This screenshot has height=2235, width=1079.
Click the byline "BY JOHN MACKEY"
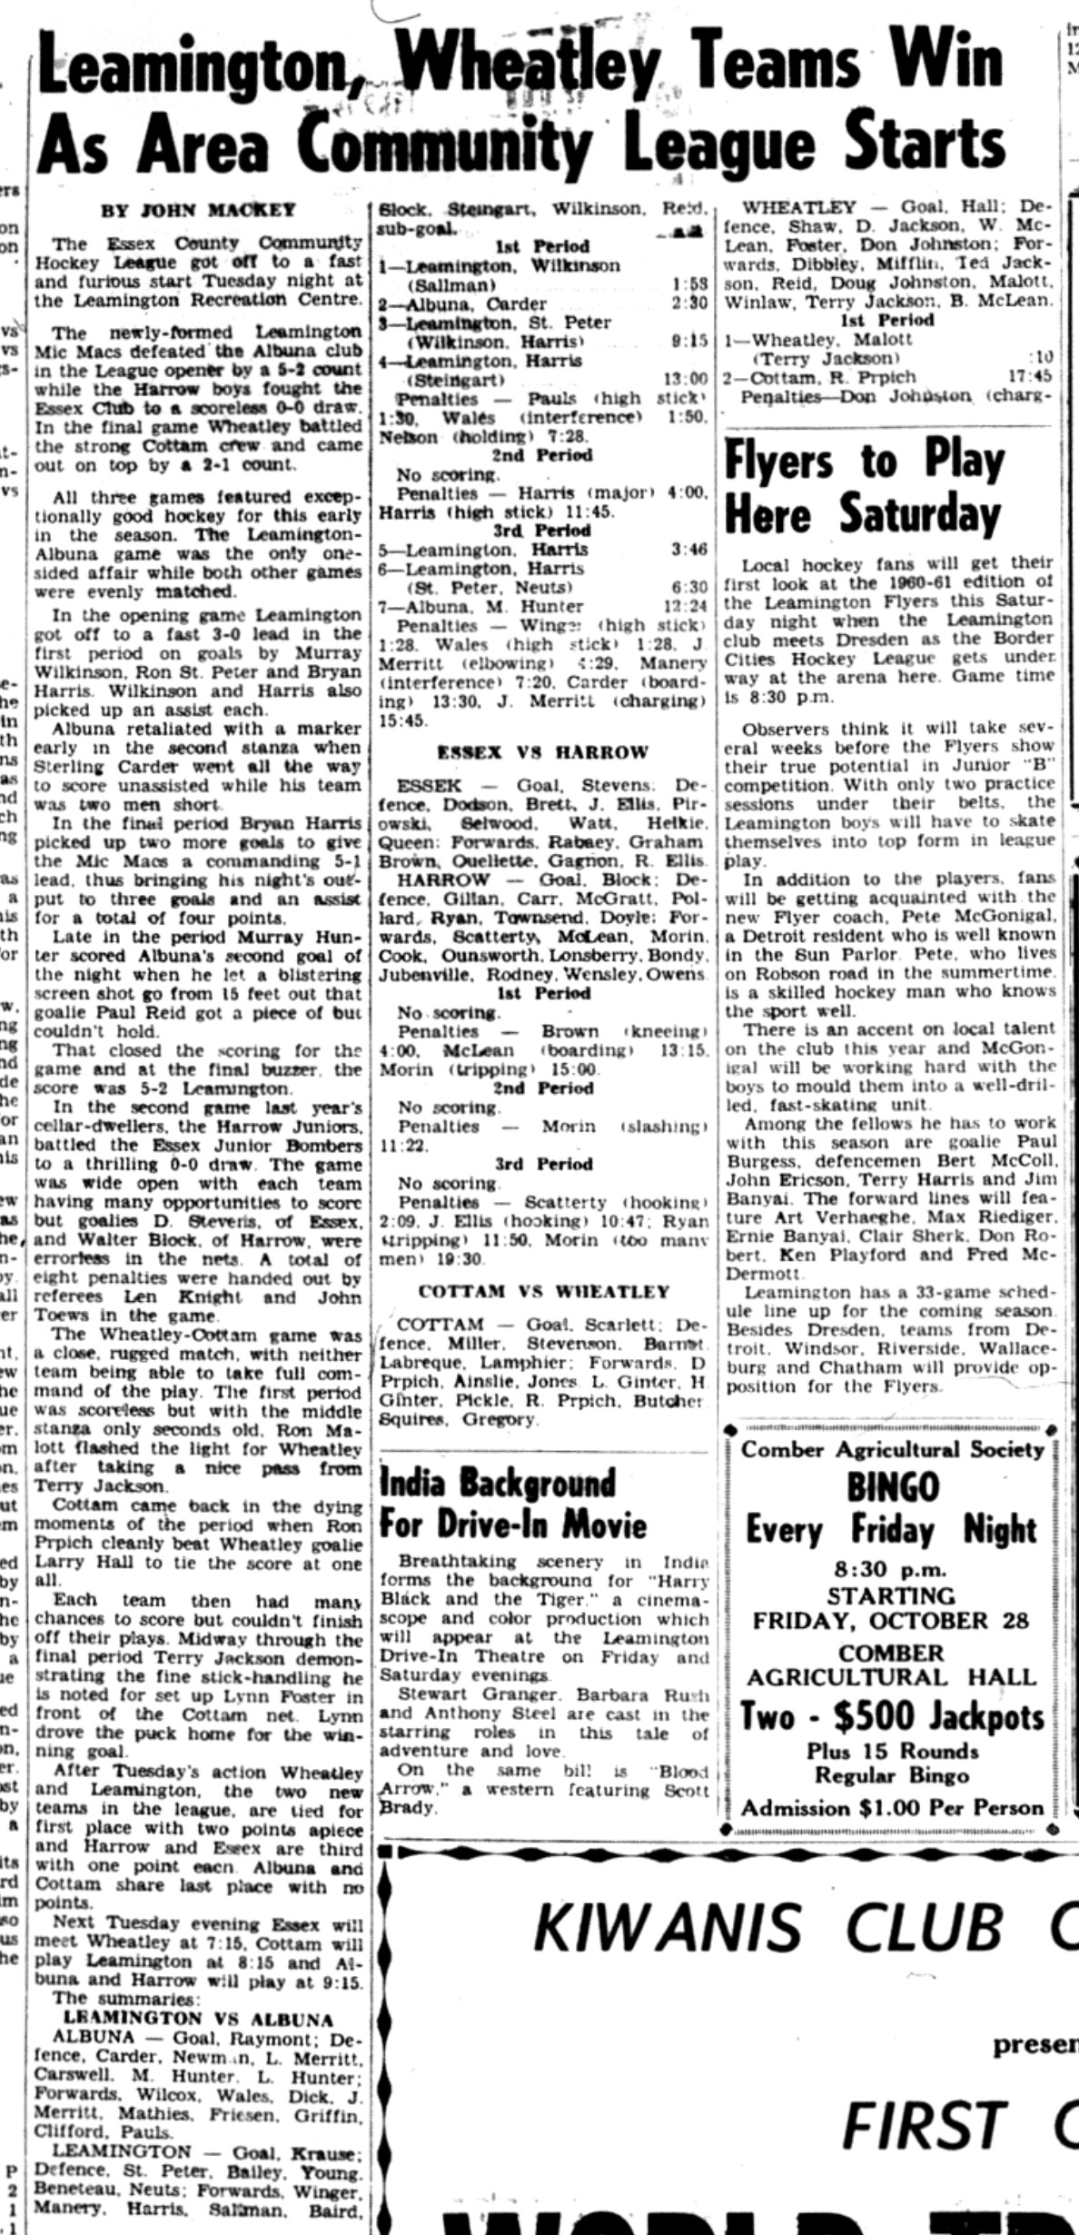[x=198, y=209]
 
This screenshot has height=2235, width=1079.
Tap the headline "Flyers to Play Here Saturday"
[x=864, y=489]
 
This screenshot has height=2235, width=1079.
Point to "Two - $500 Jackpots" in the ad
[x=893, y=1716]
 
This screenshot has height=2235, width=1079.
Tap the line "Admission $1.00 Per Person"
[x=893, y=1808]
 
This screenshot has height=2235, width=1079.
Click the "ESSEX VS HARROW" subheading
[x=542, y=752]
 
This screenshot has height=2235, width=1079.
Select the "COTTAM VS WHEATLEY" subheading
[x=544, y=1291]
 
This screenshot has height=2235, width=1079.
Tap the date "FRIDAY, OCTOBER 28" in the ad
[x=891, y=1620]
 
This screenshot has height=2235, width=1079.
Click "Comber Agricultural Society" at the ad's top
[x=893, y=1449]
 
